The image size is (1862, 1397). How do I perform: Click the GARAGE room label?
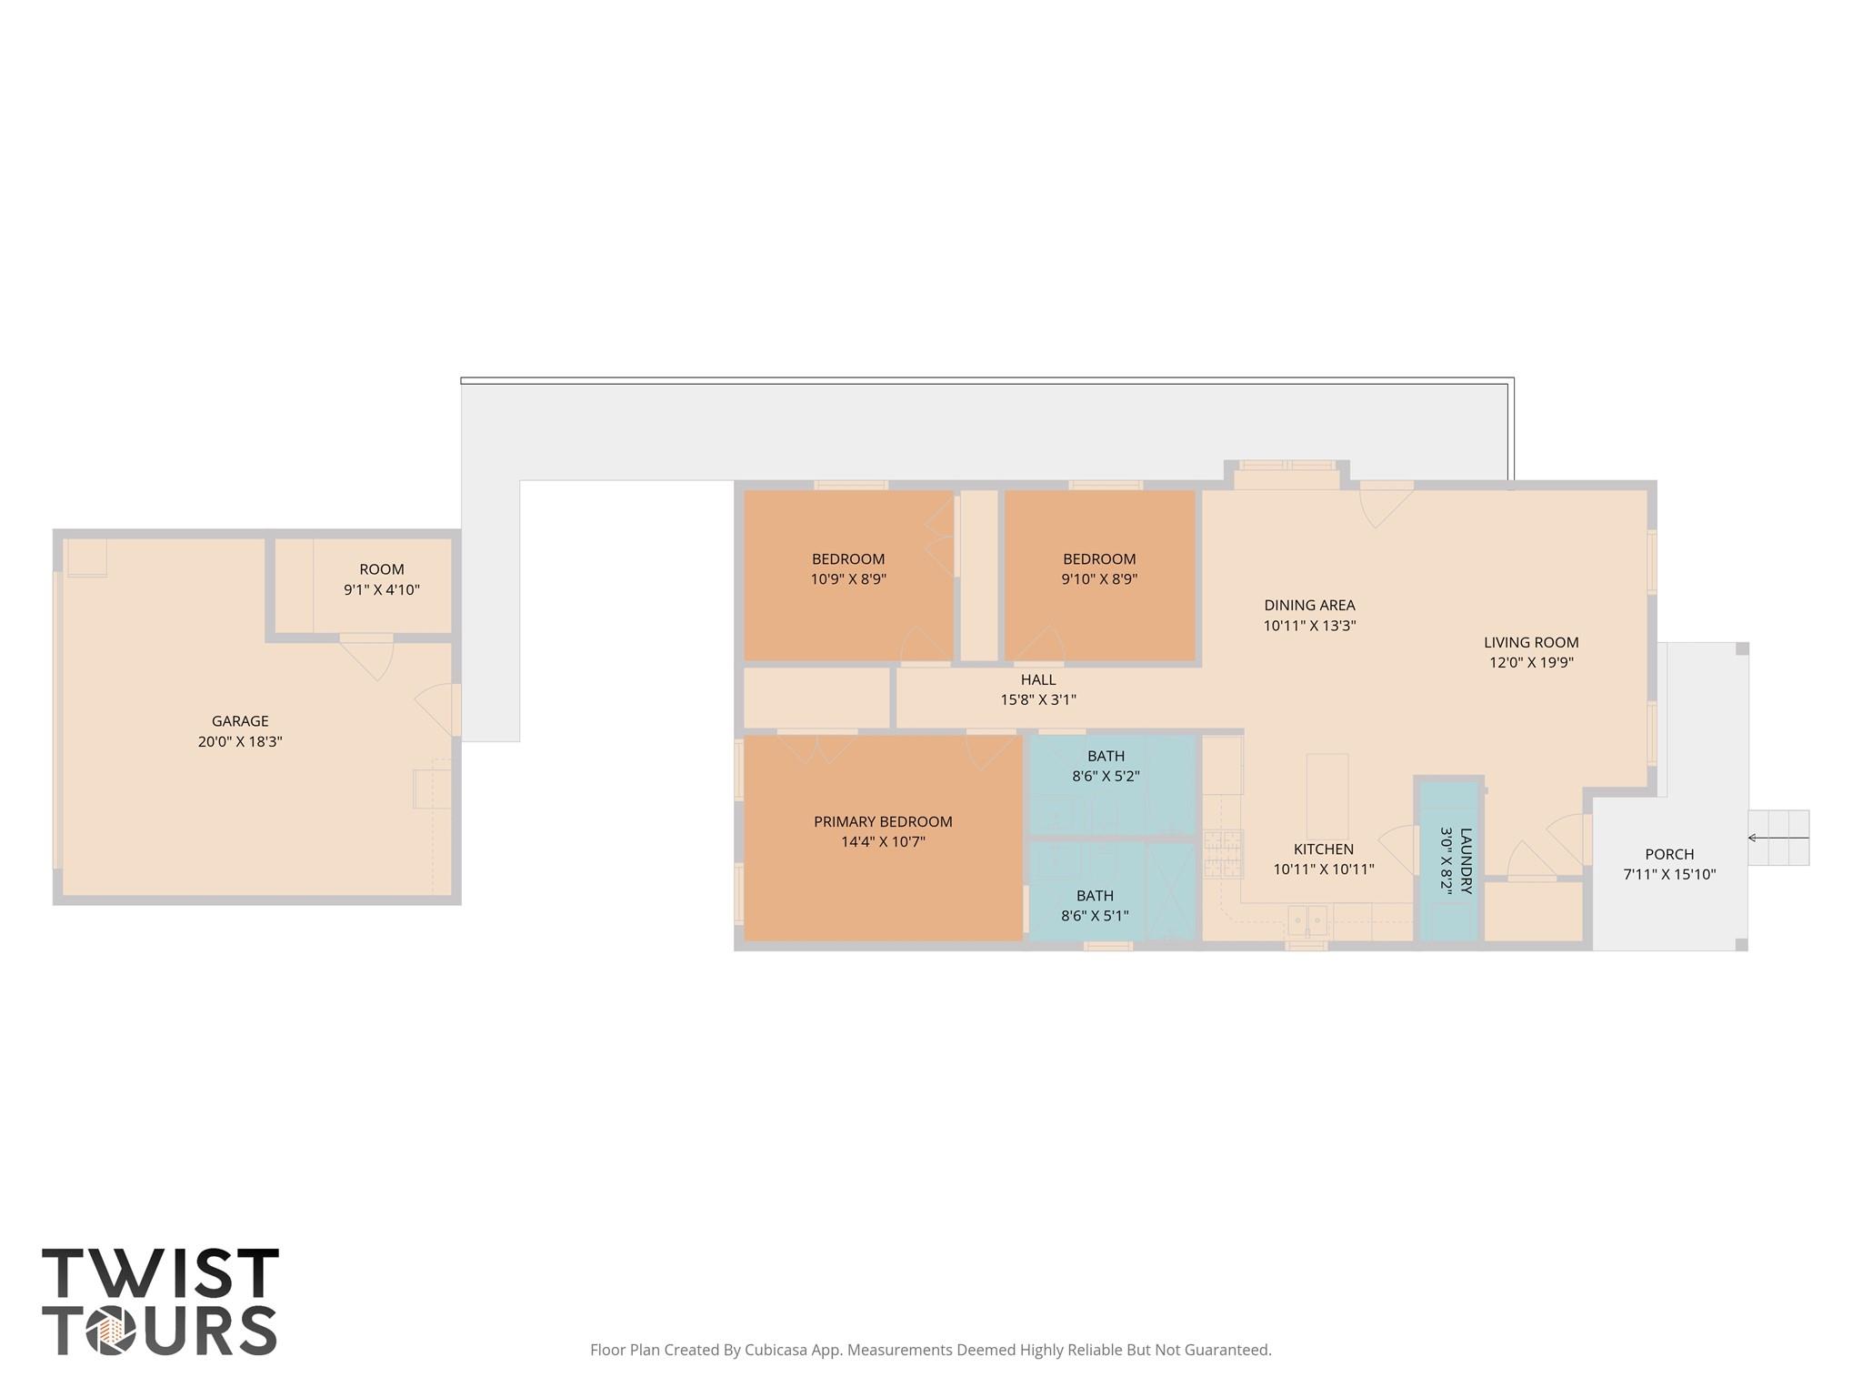click(240, 721)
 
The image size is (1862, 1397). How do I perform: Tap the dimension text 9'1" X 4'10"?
click(381, 589)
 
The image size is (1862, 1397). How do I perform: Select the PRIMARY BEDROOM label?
click(882, 821)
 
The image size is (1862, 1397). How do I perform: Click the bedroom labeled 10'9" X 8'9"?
click(847, 569)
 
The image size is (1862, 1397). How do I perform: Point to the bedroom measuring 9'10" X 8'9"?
click(1098, 569)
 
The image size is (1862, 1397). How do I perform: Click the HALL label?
click(1037, 679)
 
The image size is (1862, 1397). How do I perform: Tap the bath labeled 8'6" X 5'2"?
click(1105, 766)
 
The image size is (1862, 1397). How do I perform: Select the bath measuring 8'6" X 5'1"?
click(1094, 906)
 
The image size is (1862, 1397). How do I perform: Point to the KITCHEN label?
click(1323, 849)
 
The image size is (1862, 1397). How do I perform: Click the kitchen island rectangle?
click(1326, 796)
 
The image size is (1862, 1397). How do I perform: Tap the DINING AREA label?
click(1308, 605)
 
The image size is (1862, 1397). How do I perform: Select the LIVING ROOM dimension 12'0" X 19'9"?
click(1530, 662)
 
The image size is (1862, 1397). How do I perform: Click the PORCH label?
click(1668, 854)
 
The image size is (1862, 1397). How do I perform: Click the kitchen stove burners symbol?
click(1222, 854)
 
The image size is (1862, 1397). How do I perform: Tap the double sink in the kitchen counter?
click(1307, 920)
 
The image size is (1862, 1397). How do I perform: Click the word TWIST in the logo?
click(160, 1273)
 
